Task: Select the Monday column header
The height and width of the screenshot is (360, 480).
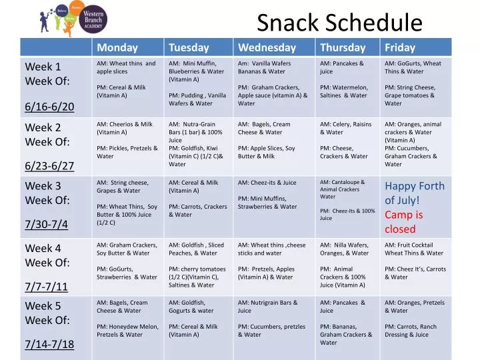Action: [x=117, y=47]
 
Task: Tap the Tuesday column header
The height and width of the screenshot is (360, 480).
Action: [x=189, y=47]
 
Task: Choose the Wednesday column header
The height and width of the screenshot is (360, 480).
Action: [x=267, y=47]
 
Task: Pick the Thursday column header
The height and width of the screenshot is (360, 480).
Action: [x=343, y=47]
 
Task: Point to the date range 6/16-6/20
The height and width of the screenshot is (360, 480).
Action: [x=49, y=107]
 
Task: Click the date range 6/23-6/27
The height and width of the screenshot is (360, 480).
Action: [x=49, y=166]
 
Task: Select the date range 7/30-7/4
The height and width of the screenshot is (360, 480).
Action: [x=47, y=224]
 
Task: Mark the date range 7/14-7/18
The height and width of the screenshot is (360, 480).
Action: [x=49, y=345]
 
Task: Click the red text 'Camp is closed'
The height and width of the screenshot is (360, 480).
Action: [x=404, y=222]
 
